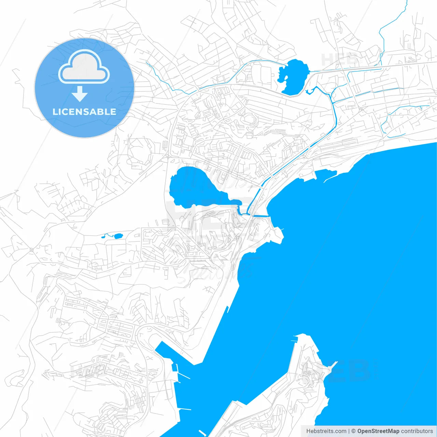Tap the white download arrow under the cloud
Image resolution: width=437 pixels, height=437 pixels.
[80, 94]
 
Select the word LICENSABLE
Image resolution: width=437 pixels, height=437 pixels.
[84, 112]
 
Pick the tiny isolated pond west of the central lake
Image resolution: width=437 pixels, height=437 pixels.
[118, 236]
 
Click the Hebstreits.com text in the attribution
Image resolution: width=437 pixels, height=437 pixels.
[326, 431]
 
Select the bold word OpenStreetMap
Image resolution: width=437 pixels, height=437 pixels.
[378, 431]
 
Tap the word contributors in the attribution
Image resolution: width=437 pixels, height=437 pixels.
[417, 431]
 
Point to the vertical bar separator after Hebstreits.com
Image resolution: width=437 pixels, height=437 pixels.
[349, 431]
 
